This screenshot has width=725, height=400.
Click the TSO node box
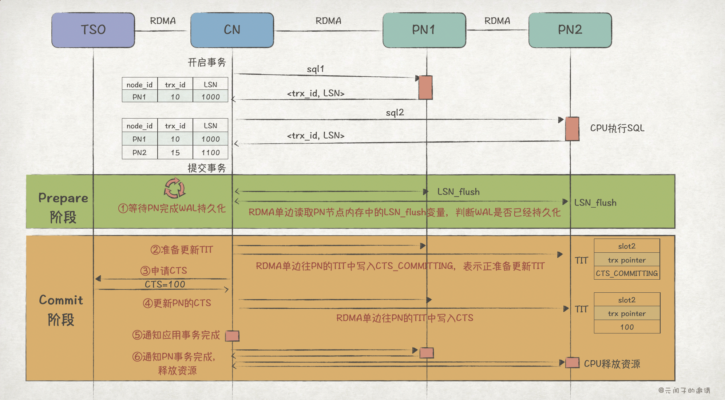pyautogui.click(x=93, y=30)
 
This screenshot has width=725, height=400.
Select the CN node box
pyautogui.click(x=232, y=30)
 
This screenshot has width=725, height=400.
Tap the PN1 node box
pyautogui.click(x=424, y=30)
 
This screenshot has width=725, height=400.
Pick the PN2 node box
pyautogui.click(x=570, y=30)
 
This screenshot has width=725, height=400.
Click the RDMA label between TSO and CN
pyautogui.click(x=163, y=21)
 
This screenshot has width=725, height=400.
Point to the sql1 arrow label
pyautogui.click(x=315, y=69)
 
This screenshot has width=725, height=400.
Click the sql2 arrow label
pyautogui.click(x=395, y=113)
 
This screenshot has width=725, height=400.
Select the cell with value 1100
pyautogui.click(x=210, y=153)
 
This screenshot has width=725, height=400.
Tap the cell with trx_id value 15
pyautogui.click(x=175, y=153)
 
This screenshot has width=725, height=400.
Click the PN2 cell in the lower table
pyautogui.click(x=139, y=153)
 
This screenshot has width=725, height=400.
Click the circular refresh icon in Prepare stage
pyautogui.click(x=174, y=188)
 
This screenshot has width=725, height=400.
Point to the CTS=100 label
pyautogui.click(x=165, y=284)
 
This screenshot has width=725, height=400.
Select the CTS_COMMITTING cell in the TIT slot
pyautogui.click(x=627, y=273)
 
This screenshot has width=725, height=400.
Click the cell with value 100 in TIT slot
pyautogui.click(x=627, y=327)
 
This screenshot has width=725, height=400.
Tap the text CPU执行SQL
pyautogui.click(x=617, y=128)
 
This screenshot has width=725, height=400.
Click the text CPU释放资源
pyautogui.click(x=612, y=364)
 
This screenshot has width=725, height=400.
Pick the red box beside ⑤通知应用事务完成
pyautogui.click(x=232, y=336)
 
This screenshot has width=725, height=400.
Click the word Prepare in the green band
pyautogui.click(x=63, y=198)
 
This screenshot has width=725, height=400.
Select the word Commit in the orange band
pyautogui.click(x=61, y=300)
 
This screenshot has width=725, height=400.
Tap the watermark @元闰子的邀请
pyautogui.click(x=684, y=391)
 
